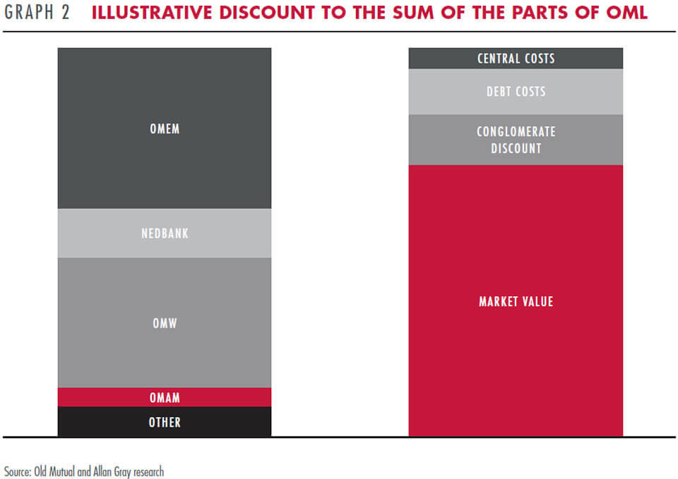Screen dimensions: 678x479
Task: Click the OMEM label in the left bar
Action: coord(165,128)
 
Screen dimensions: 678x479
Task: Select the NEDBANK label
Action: coord(165,234)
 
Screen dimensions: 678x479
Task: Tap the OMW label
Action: coord(165,323)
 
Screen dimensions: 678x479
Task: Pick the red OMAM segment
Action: coord(165,397)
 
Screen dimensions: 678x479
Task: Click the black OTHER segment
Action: coord(165,422)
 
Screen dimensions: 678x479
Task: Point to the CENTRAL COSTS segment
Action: coord(516,59)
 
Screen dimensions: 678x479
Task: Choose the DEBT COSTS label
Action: coord(516,92)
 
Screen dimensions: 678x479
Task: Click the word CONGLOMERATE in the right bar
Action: coord(516,131)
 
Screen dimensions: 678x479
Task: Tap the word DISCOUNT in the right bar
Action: coord(516,149)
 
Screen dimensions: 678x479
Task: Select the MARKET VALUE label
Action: coord(516,301)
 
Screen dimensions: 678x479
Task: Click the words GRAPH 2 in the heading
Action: coord(37,12)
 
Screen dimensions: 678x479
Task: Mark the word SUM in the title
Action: coord(413,13)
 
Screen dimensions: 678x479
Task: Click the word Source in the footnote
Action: coord(17,471)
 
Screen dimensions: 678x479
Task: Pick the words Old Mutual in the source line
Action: coord(54,471)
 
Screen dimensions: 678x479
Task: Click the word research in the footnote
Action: coord(149,471)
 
